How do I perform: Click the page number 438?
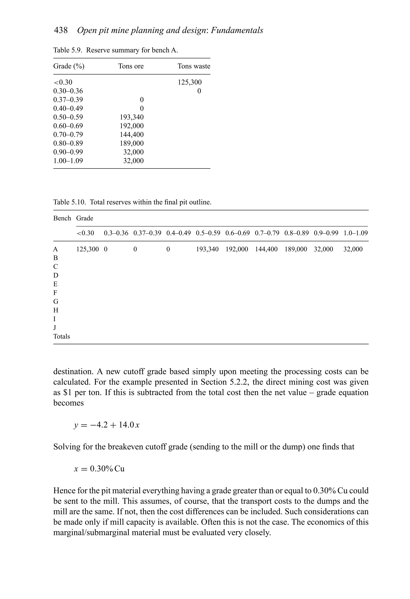(61, 30)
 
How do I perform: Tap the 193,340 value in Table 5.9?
(132, 117)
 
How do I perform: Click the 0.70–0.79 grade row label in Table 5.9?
(68, 134)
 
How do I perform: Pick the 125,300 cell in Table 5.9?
(190, 82)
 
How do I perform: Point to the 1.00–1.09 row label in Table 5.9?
(68, 161)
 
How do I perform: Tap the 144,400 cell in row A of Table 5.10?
(266, 249)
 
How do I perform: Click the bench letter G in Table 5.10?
(56, 302)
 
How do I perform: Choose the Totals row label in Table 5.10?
(62, 336)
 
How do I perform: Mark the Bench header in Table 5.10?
(62, 218)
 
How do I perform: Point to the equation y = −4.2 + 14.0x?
(107, 425)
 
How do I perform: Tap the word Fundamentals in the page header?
(237, 30)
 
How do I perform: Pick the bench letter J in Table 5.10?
(55, 328)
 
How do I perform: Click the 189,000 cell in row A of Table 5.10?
(296, 249)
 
